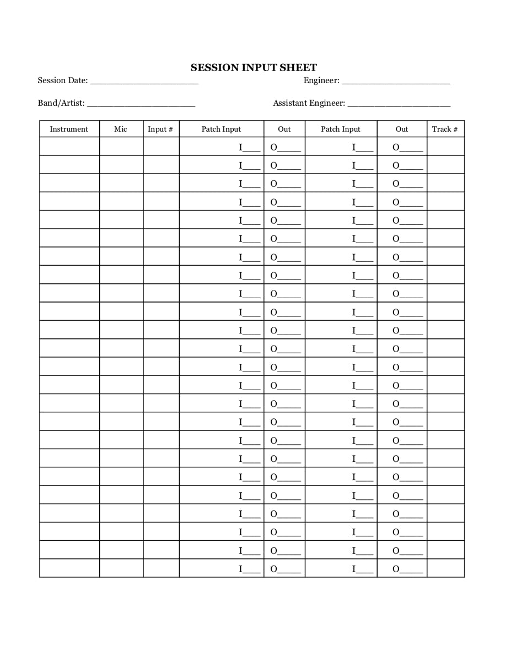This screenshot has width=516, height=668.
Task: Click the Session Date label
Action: coord(62,80)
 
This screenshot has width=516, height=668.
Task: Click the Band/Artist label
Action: coord(61,103)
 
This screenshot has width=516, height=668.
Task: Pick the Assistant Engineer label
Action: coord(309,103)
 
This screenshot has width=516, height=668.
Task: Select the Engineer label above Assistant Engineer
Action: coord(321,80)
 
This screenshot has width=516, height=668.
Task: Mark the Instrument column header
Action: coord(69,129)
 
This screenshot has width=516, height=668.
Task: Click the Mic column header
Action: coord(121,129)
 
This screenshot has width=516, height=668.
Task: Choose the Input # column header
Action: coord(160,129)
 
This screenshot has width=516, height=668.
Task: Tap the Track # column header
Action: coord(445,129)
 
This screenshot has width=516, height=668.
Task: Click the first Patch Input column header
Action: coord(221,129)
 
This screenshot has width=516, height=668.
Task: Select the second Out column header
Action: coord(401,129)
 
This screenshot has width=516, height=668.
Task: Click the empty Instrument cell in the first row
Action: coord(69,146)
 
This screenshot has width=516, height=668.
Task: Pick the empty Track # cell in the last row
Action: coord(445,568)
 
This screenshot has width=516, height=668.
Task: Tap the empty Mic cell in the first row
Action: coord(121,146)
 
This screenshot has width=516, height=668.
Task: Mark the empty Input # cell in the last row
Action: coord(161,568)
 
